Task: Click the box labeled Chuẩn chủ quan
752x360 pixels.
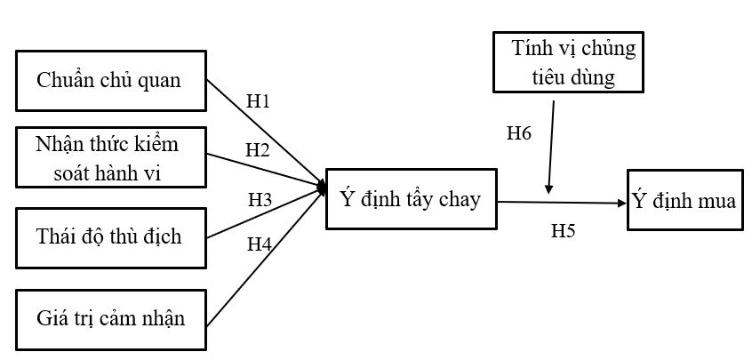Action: coord(110,82)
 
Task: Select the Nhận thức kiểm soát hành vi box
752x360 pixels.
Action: coord(110,158)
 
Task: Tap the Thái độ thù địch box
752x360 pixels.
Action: coord(110,236)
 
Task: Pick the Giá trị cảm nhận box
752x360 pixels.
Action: coord(110,317)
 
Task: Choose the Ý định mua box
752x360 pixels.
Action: coord(684,201)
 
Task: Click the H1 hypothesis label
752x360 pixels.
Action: coord(258,100)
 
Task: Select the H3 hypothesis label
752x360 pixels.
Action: coord(260,200)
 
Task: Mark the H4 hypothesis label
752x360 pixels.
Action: coord(259,243)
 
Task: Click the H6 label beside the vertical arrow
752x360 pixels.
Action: coord(519,134)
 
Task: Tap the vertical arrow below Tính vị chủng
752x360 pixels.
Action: coord(552,147)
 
